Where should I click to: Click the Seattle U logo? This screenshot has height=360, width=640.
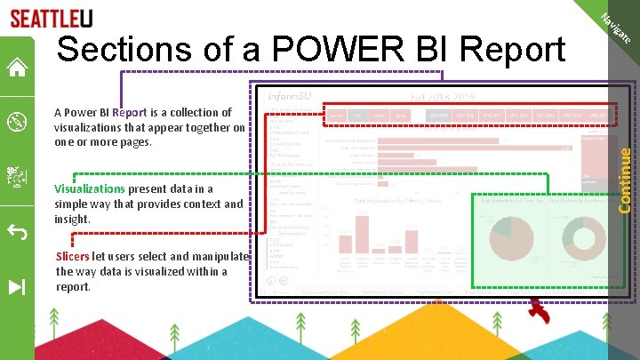point(51,19)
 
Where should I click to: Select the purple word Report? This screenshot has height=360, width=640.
point(130,113)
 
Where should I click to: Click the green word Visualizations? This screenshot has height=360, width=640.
point(89,188)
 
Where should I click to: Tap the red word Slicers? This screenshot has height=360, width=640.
point(72,256)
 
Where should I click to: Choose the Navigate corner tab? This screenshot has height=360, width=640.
point(617,28)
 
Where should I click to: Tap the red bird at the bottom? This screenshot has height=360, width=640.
point(539,311)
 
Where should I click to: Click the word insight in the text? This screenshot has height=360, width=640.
point(72,219)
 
